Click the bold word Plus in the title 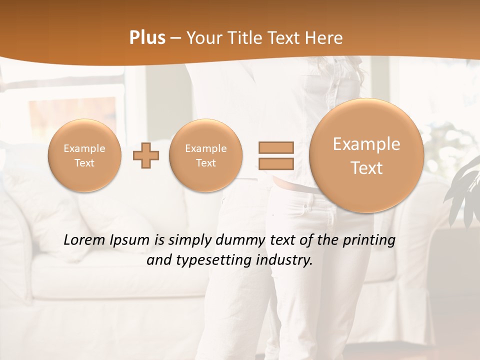pyautogui.click(x=147, y=38)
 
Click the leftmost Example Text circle pyautogui.click(x=84, y=155)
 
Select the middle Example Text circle pyautogui.click(x=205, y=155)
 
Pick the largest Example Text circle pyautogui.click(x=366, y=155)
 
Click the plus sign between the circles pyautogui.click(x=146, y=155)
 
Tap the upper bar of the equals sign pyautogui.click(x=275, y=148)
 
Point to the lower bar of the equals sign pyautogui.click(x=275, y=163)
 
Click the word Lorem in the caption pyautogui.click(x=82, y=240)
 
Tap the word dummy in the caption pyautogui.click(x=238, y=240)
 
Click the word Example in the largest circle pyautogui.click(x=366, y=144)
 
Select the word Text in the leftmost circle pyautogui.click(x=84, y=163)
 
